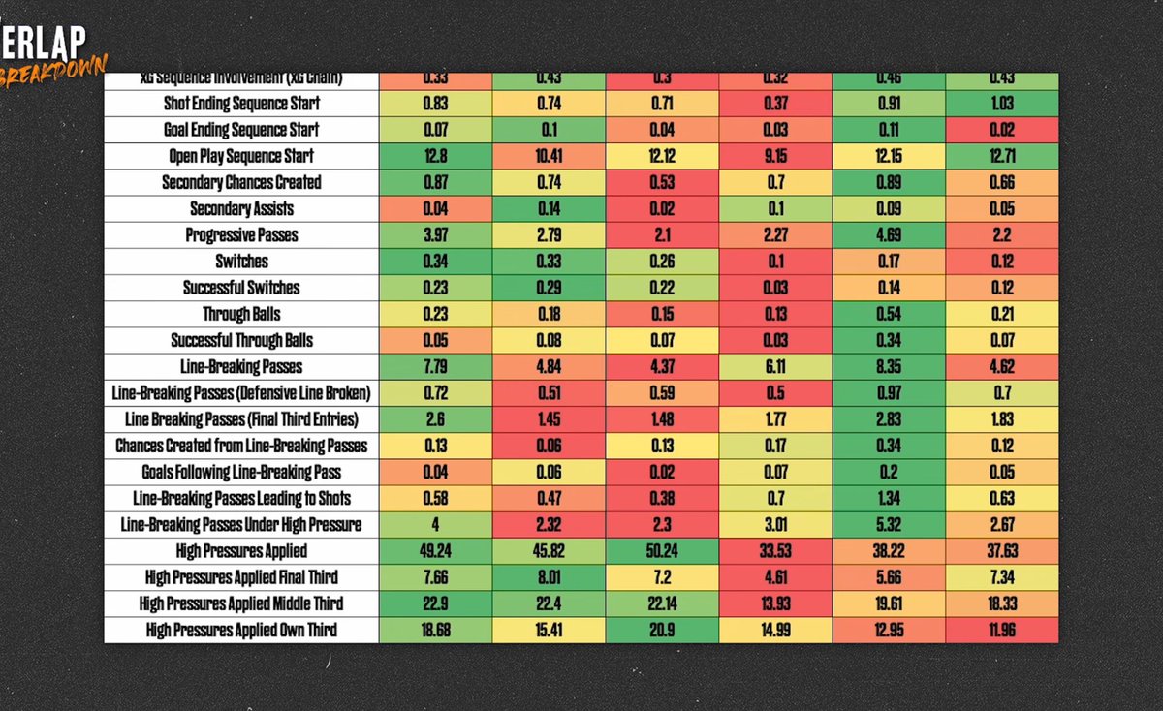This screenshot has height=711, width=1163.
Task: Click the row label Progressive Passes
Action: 241,235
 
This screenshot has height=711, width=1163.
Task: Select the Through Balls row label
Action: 241,314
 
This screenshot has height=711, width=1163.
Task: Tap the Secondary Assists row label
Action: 241,208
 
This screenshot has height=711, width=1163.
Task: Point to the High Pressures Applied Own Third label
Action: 241,631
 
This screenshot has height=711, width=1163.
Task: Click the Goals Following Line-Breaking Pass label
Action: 241,473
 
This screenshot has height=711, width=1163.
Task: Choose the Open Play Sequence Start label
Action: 241,156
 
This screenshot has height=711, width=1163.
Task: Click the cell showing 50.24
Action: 662,551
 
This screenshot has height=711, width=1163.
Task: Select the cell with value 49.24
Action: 435,551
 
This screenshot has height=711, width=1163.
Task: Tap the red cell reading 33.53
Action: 775,551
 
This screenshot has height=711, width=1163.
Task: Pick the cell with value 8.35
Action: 889,367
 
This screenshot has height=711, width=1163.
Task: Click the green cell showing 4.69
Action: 889,235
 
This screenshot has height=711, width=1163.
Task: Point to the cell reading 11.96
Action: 1001,631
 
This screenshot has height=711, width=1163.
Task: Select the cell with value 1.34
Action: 889,499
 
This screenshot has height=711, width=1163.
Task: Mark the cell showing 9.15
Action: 775,156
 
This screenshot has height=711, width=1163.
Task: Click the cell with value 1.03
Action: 1001,103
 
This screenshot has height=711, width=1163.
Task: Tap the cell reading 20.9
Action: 662,631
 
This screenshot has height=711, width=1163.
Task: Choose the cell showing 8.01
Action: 549,578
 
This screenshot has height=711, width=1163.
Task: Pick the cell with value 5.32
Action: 889,525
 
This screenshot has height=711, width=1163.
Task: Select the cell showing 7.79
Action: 435,367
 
